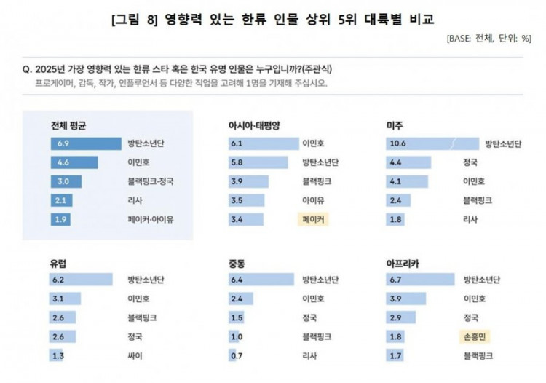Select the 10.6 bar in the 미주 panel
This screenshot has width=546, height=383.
coord(432,143)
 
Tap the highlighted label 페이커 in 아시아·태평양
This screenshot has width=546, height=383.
coord(314,218)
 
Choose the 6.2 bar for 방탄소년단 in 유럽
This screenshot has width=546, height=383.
coord(81,280)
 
